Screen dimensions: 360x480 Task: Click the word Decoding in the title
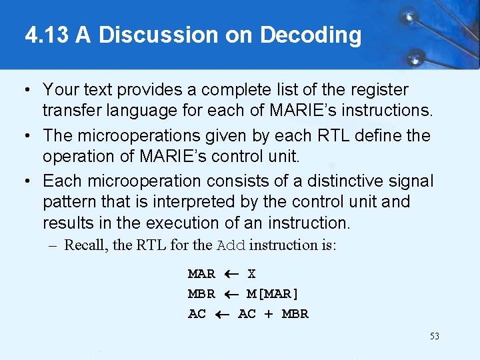coord(311,35)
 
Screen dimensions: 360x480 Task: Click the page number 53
coord(434,336)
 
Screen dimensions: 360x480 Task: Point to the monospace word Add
coord(231,245)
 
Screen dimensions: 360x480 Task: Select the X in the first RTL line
coord(251,274)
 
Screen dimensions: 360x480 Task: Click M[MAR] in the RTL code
coord(273,294)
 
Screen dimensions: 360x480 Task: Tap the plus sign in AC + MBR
coord(268,314)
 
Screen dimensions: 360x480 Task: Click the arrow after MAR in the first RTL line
coord(231,274)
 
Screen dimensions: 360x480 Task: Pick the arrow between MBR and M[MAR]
coord(231,294)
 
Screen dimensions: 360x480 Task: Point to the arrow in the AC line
coord(222,314)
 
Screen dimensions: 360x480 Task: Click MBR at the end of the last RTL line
coord(295,314)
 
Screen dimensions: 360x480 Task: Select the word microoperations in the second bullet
coord(137,135)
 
